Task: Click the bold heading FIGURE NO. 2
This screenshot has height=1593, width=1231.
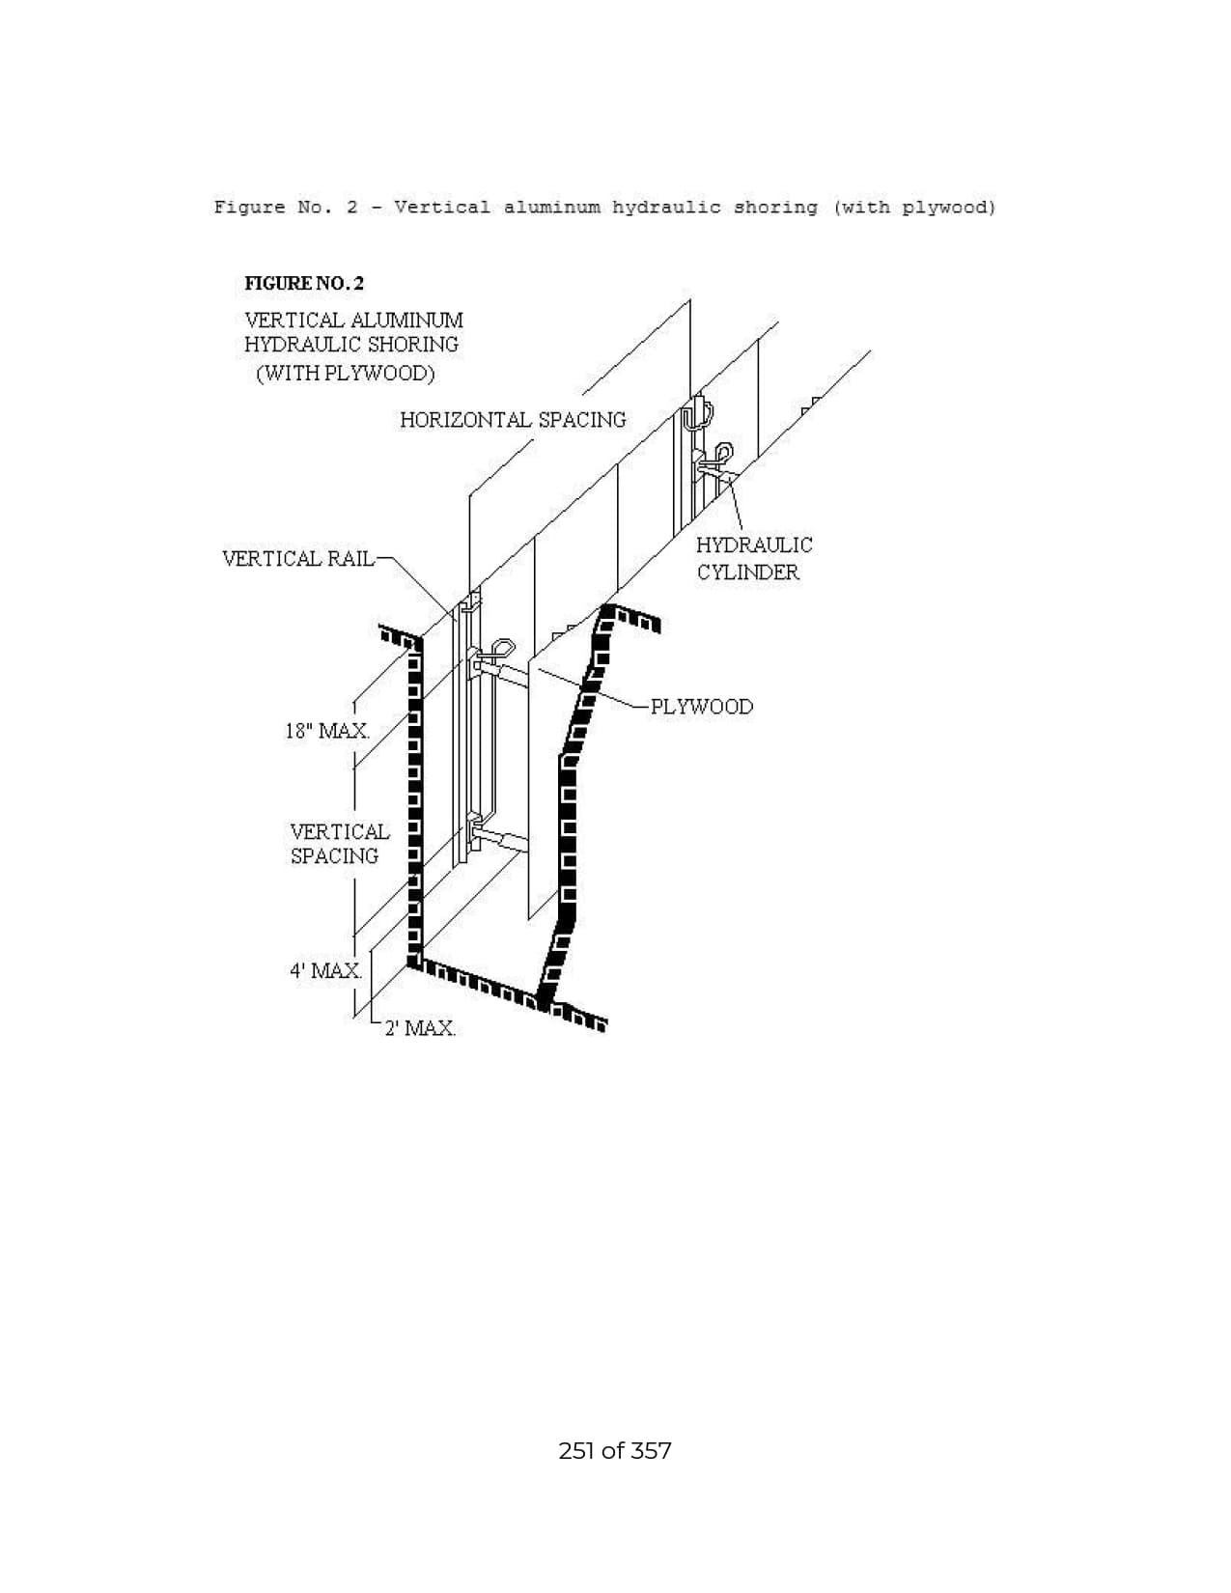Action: point(303,284)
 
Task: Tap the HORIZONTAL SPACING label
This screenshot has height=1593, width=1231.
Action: point(513,420)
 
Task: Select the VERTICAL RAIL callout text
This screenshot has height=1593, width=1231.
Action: point(297,559)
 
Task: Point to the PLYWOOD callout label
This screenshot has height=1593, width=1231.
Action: point(702,707)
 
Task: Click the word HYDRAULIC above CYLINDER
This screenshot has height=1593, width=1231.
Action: point(754,545)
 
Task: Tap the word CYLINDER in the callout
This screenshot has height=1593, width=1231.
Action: point(748,573)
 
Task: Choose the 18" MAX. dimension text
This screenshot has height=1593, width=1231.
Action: point(327,731)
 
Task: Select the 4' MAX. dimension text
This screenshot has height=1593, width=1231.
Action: point(325,970)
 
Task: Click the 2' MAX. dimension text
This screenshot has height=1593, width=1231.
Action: point(420,1028)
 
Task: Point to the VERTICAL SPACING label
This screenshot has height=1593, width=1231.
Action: point(340,844)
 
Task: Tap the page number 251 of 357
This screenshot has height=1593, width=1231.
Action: point(614,1451)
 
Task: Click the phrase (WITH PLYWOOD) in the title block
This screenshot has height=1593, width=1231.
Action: point(346,373)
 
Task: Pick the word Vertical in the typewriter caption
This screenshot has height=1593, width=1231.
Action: point(442,208)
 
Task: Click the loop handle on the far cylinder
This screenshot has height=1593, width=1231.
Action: point(723,452)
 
